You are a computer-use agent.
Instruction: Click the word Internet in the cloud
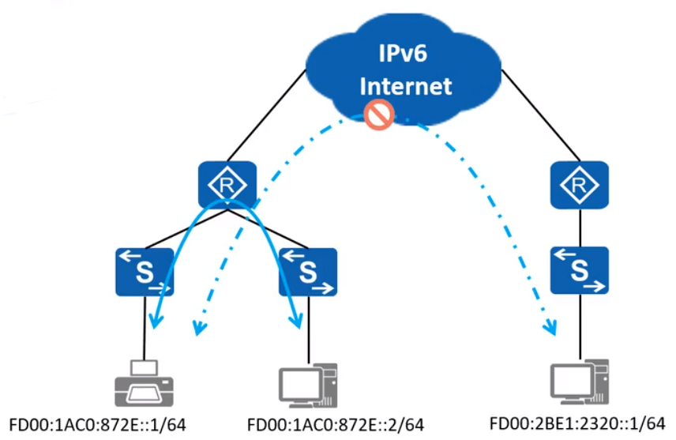point(405,85)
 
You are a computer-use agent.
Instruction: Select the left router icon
point(227,185)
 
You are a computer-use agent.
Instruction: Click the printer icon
point(144,382)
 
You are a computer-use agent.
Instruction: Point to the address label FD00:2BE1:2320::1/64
point(577,423)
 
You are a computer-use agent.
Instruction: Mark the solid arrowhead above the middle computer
point(298,320)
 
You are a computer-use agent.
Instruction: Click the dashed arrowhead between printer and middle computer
point(200,326)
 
